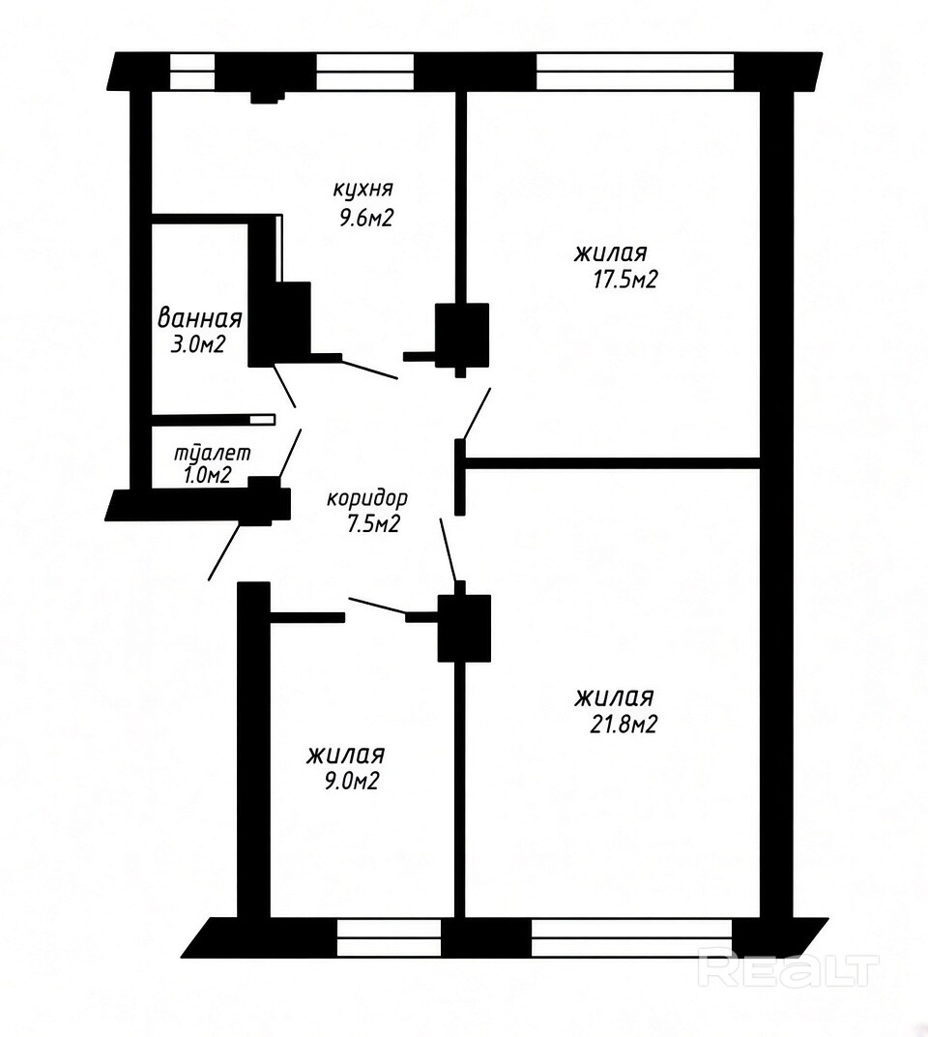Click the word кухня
pos(362,190)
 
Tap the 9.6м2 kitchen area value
pos(366,218)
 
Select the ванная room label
pos(199,319)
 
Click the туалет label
pos(212,454)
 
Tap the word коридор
pos(367,498)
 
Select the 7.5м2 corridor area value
pos(373,524)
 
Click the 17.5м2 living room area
pos(624,281)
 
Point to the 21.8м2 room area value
pos(623,726)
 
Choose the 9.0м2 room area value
pos(347,782)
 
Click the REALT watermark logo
pos(789,970)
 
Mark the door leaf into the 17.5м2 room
pos(477,413)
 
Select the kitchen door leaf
pos(369,369)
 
